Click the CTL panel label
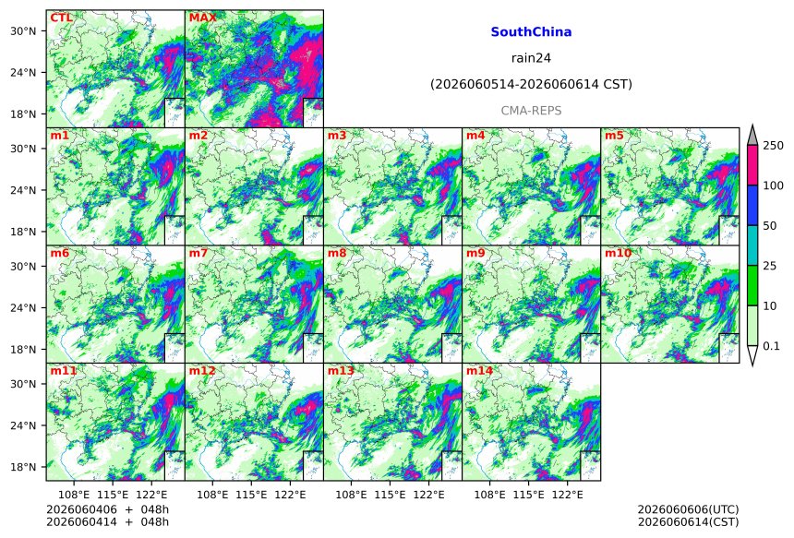(61, 18)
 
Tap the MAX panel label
(202, 18)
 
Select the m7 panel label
(198, 253)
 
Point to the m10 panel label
(618, 253)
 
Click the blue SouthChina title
(531, 32)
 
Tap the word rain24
(531, 58)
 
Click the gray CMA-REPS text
(531, 111)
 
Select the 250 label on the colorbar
(774, 146)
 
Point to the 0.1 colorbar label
(771, 346)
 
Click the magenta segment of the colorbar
(753, 165)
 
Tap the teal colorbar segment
(753, 245)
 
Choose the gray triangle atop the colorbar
(753, 136)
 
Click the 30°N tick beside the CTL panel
(23, 31)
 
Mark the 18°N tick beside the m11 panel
(23, 467)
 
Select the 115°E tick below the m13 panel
(390, 495)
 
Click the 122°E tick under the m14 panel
(567, 495)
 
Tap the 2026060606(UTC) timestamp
(688, 509)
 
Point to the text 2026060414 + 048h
(108, 522)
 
